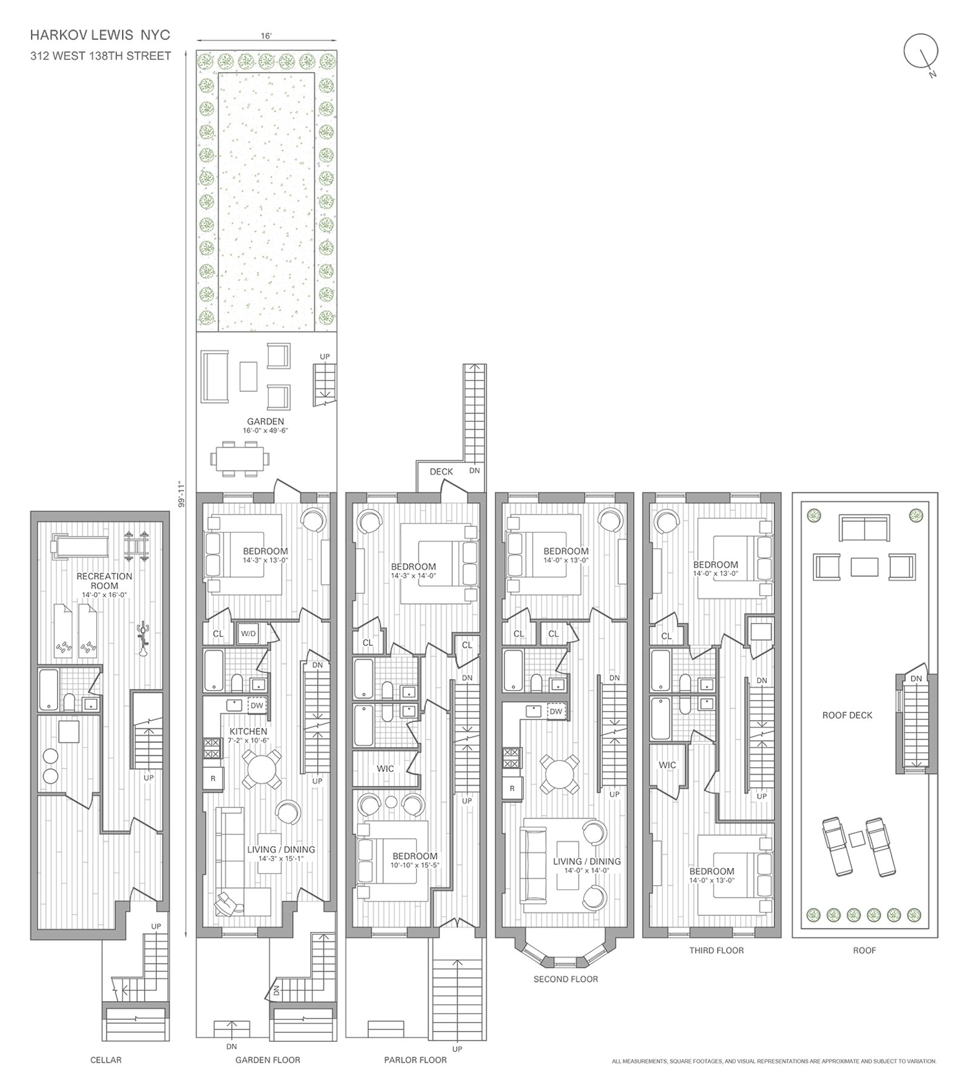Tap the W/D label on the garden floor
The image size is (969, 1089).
[x=248, y=634]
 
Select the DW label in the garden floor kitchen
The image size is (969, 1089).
[x=257, y=706]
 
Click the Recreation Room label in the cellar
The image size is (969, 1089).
[x=104, y=581]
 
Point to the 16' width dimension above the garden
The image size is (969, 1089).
[x=266, y=36]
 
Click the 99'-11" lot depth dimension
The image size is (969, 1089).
[x=180, y=494]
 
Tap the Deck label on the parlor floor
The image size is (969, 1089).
[x=441, y=471]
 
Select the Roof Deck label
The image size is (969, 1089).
[x=847, y=715]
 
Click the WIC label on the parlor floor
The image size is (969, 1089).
[x=385, y=769]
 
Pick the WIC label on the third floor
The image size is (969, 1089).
[x=667, y=765]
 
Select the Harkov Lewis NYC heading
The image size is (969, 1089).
[x=100, y=36]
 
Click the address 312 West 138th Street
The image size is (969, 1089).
[x=101, y=56]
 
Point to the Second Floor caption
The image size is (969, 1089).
[x=565, y=979]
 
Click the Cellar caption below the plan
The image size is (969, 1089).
[x=105, y=1060]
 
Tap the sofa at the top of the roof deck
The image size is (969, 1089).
[x=864, y=528]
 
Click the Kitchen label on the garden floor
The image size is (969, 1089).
[x=248, y=732]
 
